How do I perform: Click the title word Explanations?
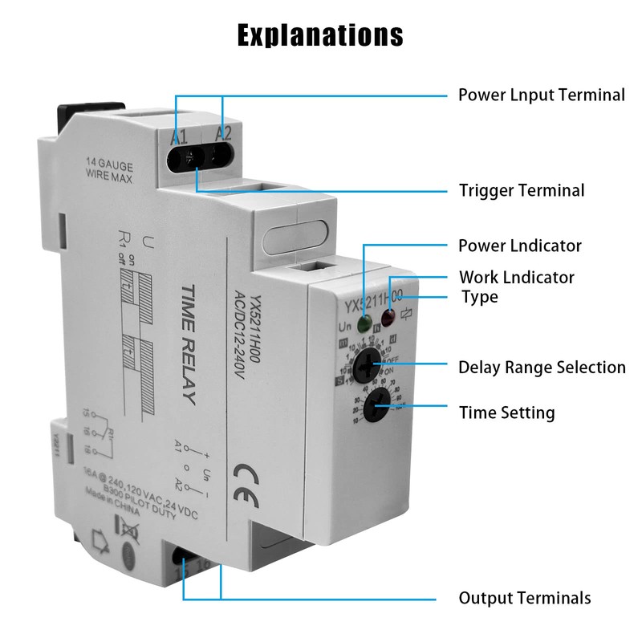(320, 35)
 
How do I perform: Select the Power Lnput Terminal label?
(541, 95)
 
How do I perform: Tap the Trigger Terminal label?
(521, 190)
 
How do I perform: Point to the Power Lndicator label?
(519, 245)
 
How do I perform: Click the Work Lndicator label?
(516, 277)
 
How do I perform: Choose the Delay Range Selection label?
(542, 368)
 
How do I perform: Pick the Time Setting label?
(506, 413)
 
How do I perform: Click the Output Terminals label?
(524, 598)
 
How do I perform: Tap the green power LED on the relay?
(364, 326)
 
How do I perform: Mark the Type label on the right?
(479, 297)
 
